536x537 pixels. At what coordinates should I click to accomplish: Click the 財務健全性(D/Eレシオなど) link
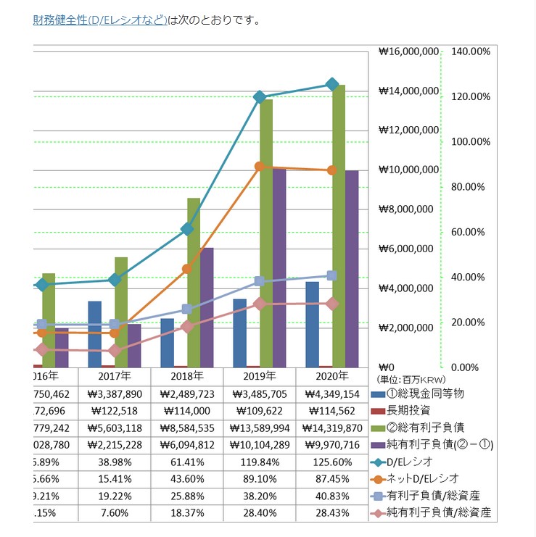100,20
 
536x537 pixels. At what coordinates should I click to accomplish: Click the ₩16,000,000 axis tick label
408,52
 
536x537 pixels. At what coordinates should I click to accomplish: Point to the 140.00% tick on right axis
471,52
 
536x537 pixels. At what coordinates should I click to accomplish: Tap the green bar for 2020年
339,225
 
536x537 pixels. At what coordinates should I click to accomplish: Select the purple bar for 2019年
279,268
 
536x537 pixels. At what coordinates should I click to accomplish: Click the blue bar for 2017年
94,333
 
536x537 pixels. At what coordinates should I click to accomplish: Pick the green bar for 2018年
194,283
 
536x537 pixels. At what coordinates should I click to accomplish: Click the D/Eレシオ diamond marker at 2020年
332,84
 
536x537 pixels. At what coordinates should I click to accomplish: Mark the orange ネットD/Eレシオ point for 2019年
260,167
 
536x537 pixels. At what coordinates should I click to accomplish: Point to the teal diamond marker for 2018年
187,229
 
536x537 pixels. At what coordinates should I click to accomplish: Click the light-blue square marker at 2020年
332,275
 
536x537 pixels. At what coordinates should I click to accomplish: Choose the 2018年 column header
187,376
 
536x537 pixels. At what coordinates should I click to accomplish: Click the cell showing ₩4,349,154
332,394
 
